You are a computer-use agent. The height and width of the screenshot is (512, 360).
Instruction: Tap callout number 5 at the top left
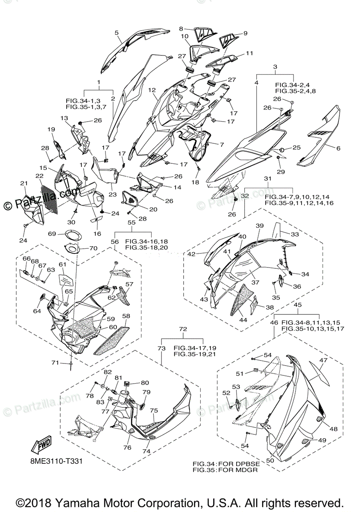tap(116, 32)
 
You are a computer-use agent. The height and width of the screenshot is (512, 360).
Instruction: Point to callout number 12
tap(152, 90)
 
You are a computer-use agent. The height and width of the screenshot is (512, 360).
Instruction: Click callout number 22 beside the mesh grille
tap(39, 176)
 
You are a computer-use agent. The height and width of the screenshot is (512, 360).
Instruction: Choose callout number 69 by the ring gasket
tap(52, 234)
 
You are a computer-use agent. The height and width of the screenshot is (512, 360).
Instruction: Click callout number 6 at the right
tap(338, 148)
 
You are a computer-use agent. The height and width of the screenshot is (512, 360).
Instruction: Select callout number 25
tap(296, 148)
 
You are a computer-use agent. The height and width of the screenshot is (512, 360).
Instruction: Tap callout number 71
tap(55, 363)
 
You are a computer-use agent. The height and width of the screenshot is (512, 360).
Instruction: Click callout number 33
tap(295, 234)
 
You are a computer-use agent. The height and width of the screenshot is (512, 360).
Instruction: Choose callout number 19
tap(51, 129)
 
